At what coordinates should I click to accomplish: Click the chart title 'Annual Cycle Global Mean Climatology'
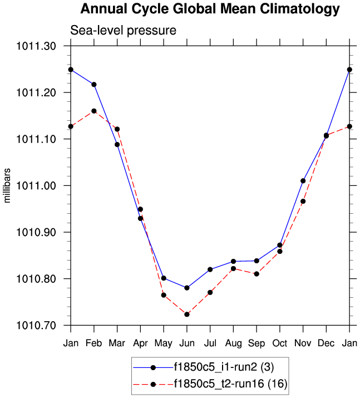[209, 9]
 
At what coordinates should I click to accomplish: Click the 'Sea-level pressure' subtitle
[122, 31]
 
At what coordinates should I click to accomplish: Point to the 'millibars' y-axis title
[8, 185]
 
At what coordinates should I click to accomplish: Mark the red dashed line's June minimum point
[187, 315]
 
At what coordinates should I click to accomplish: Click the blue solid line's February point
[94, 85]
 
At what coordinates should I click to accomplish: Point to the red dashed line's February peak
[94, 111]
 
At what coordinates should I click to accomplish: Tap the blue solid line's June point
[187, 288]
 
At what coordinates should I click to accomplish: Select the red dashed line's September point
[257, 274]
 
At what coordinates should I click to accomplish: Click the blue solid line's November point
[303, 181]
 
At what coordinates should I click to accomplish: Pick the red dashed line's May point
[164, 295]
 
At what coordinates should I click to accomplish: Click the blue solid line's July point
[210, 269]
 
